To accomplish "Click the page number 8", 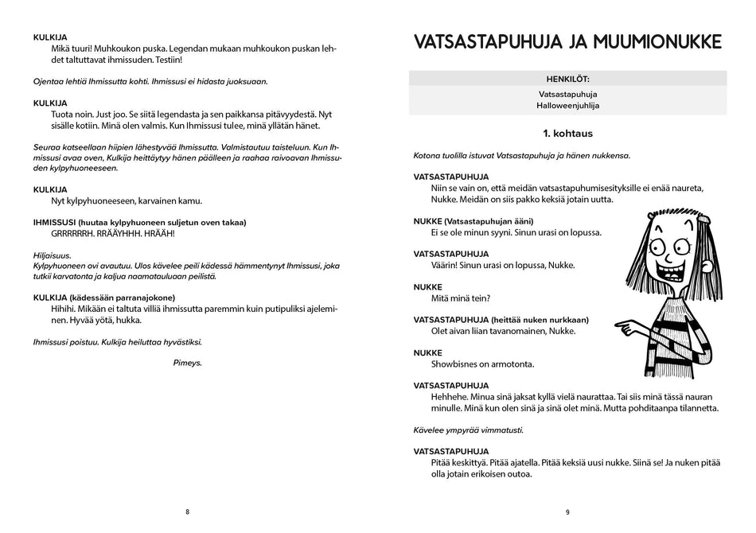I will pyautogui.click(x=188, y=512).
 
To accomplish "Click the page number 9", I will pyautogui.click(x=567, y=512).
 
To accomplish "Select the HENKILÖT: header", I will pyautogui.click(x=567, y=79).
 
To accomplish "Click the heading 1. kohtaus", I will pyautogui.click(x=567, y=134).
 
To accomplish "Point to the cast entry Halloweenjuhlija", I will pyautogui.click(x=567, y=105).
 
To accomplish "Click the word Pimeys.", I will pyautogui.click(x=188, y=363).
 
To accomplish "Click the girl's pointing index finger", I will pyautogui.click(x=620, y=326).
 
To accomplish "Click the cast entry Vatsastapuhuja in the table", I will pyautogui.click(x=567, y=93).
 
